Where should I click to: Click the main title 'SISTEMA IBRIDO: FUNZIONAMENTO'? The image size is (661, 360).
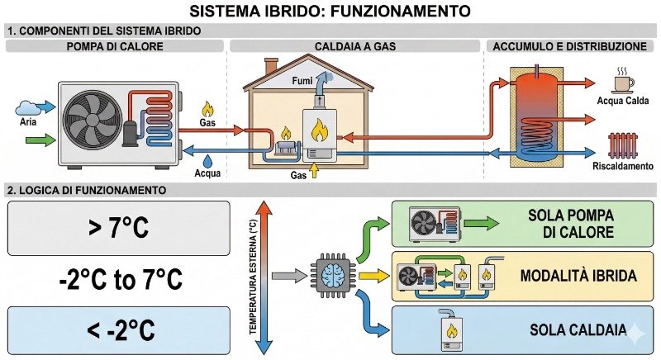click(330, 12)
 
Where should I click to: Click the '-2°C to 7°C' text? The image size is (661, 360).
click(119, 278)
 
